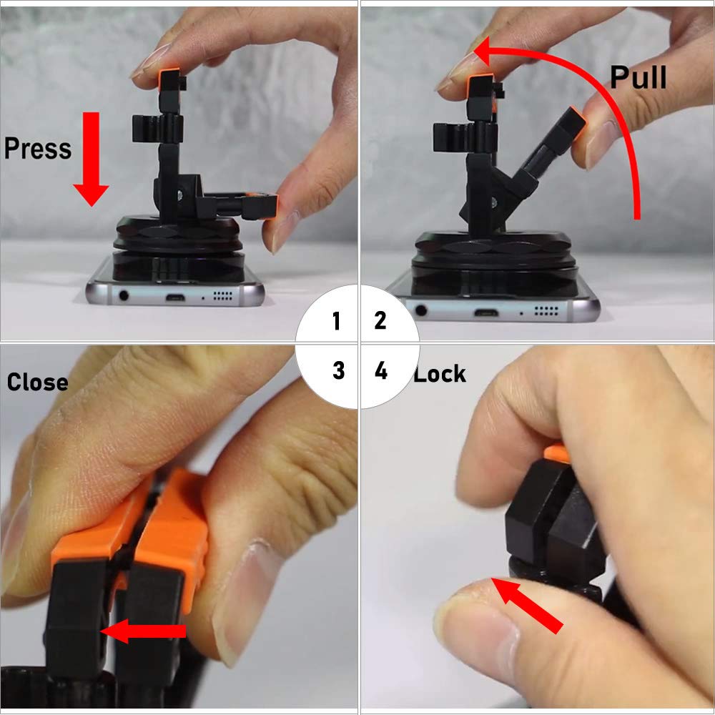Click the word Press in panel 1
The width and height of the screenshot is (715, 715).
coord(38,148)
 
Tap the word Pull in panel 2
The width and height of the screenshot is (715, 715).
coord(638,77)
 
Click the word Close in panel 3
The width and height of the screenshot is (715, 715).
coord(37,382)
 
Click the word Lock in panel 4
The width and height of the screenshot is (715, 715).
coord(440,373)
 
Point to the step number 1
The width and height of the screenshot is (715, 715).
coord(336,322)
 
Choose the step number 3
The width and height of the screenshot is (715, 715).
coord(338,370)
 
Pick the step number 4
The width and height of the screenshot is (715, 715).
coord(381,371)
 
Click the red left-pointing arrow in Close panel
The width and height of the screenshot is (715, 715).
coord(143,631)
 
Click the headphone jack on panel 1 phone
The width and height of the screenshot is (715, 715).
coord(126,294)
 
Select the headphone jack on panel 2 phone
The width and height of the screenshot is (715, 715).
coord(421,310)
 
